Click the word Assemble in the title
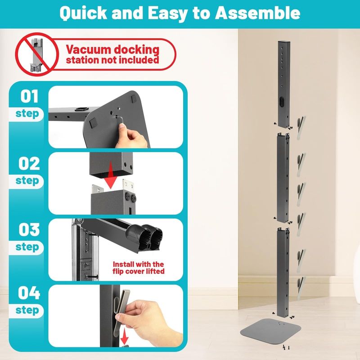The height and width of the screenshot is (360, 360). point(257,13)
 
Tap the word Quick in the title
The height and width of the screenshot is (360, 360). point(83,13)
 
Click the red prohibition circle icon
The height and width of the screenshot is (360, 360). point(37,54)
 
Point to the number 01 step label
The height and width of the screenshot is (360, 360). point(29,96)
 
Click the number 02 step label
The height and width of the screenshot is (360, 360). point(29,163)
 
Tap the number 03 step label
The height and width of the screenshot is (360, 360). point(29,229)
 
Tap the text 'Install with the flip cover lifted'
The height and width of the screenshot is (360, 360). point(139,268)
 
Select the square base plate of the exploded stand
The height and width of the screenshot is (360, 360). point(270,328)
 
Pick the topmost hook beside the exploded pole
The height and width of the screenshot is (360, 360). point(301,128)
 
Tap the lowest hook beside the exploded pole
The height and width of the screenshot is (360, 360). point(301,288)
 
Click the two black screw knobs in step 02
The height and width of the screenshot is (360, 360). point(130,197)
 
